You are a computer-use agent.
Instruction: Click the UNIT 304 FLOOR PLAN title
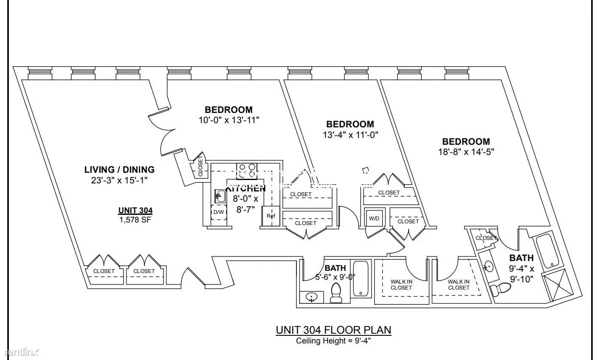point(333,330)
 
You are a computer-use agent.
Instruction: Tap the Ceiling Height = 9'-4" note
point(333,341)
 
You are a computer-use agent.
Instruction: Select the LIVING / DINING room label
point(119,169)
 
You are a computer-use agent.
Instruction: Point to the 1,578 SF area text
point(135,220)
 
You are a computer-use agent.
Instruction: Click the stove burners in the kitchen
point(247,171)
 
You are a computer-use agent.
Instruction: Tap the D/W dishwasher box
point(219,212)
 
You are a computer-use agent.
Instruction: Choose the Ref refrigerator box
point(271,216)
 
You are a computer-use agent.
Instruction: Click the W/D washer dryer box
point(374,218)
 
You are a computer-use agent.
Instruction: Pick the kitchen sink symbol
point(220,196)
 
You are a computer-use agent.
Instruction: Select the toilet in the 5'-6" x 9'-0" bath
point(336,293)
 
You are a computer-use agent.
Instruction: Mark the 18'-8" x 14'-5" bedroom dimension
point(466,152)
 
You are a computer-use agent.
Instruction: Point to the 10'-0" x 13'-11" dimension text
point(229,120)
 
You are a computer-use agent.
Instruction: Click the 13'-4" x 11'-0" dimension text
point(350,135)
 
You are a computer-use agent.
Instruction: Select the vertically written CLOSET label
point(200,167)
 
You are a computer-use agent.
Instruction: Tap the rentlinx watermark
point(22,352)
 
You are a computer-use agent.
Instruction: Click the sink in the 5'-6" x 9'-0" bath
point(311,297)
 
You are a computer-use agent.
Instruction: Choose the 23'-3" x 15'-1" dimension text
point(119,180)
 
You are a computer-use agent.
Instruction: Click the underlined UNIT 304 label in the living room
point(135,210)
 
